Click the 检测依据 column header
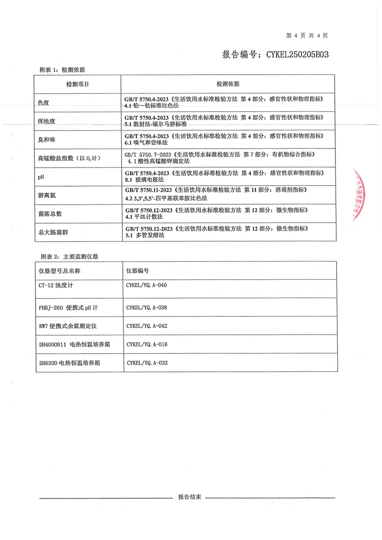coord(227,84)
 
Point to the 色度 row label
coord(44,102)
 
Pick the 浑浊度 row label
coord(47,121)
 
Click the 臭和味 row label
coord(47,139)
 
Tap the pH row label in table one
coord(41,177)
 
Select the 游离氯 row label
coord(47,195)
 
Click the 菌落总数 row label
coord(50,213)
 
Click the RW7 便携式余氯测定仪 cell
coord(68,326)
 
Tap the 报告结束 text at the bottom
coord(189,497)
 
